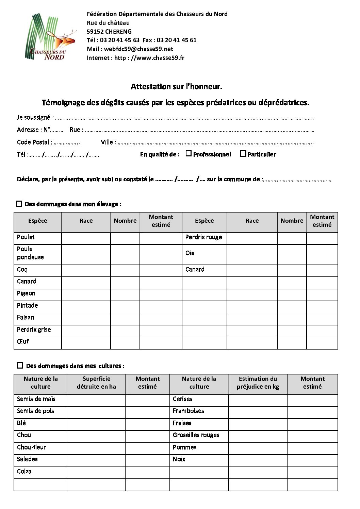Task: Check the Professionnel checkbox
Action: (x=189, y=154)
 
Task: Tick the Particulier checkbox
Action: (x=243, y=154)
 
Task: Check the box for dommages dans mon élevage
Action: (x=19, y=204)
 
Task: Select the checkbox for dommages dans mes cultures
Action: (x=20, y=366)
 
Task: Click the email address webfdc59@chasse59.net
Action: (x=138, y=49)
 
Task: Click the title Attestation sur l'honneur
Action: (x=176, y=87)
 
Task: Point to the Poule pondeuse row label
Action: (x=30, y=253)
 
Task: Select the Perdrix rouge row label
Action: (x=203, y=237)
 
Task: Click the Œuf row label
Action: (x=23, y=341)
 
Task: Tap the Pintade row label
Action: (x=27, y=305)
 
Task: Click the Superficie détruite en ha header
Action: (x=96, y=383)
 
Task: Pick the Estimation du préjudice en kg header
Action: (x=258, y=383)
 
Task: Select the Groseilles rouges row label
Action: (x=196, y=435)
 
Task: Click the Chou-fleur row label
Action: (x=31, y=447)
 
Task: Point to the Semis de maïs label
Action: (x=36, y=399)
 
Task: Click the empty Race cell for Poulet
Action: (x=86, y=238)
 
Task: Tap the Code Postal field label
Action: (x=35, y=142)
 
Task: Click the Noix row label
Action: (x=179, y=459)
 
